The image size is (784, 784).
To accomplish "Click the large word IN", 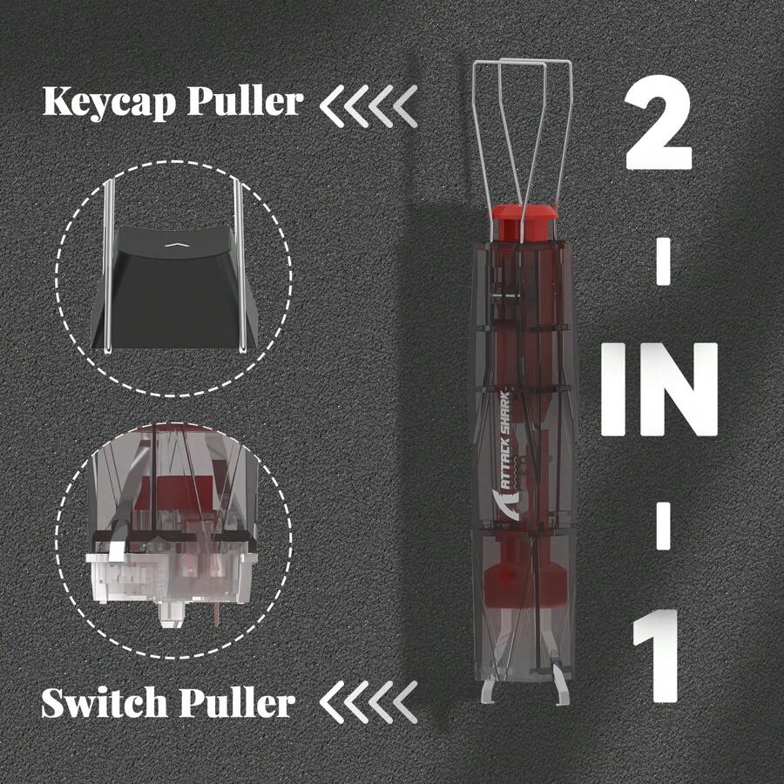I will (660, 390).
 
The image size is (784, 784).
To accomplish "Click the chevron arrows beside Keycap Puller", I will (367, 104).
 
